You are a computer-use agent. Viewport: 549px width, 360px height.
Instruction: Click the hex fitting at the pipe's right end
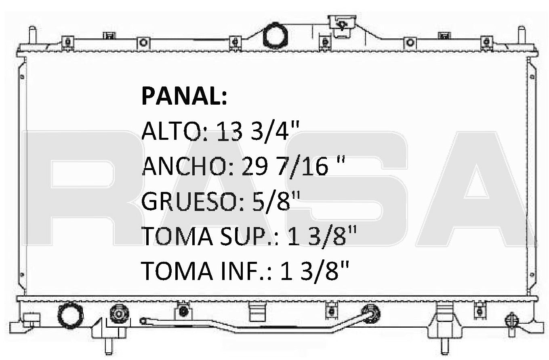click(x=370, y=313)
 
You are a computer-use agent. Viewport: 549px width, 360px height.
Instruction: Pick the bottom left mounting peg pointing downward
click(x=108, y=345)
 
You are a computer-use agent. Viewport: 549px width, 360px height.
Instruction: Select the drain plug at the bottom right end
click(x=512, y=321)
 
